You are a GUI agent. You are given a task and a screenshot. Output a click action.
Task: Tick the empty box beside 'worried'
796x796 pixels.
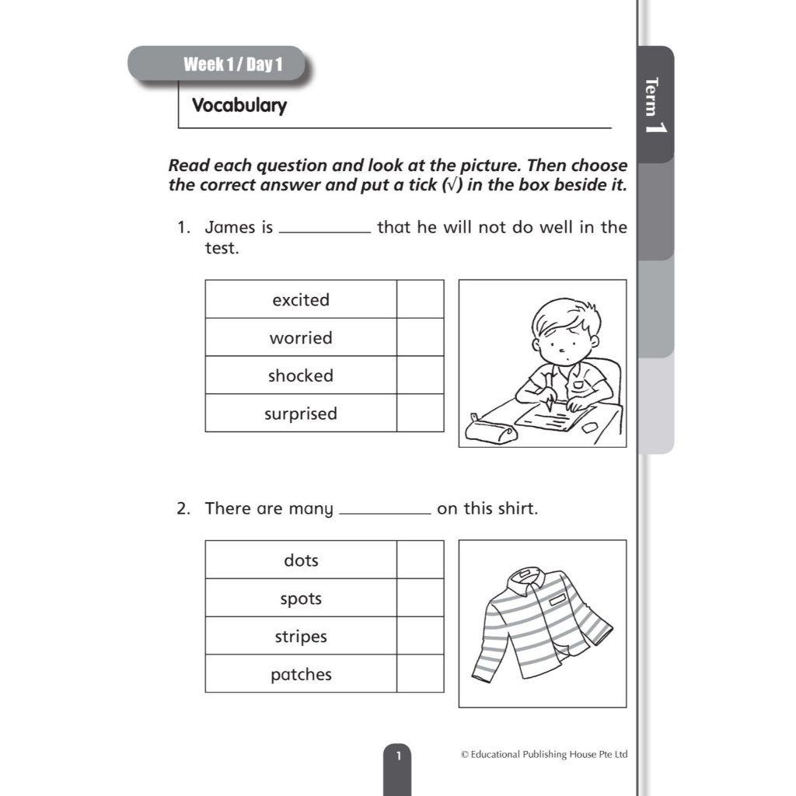[x=420, y=337]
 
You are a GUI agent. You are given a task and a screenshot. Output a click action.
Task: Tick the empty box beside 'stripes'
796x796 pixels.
[x=420, y=636]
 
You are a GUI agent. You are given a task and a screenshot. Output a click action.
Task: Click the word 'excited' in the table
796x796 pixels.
[x=301, y=300]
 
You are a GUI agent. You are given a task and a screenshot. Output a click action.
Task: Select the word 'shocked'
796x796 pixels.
[x=301, y=375]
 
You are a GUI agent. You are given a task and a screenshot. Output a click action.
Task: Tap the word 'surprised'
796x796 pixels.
[x=301, y=414]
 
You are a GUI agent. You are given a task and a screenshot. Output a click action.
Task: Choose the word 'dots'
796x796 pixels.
[x=301, y=560]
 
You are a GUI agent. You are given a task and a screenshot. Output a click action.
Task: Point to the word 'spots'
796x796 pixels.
[x=301, y=599]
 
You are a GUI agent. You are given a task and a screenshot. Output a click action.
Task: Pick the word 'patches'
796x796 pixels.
[x=301, y=674]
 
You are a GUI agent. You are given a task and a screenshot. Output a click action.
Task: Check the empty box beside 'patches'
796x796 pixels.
[x=420, y=673]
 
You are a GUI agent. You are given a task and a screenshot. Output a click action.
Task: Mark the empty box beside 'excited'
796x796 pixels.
[x=420, y=299]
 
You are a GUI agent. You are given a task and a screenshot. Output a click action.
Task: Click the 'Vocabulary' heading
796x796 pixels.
[x=239, y=106]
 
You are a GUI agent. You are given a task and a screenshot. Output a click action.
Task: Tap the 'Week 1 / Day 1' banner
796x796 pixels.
[x=232, y=65]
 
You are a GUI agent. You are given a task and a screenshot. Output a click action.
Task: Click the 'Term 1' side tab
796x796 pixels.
[x=655, y=105]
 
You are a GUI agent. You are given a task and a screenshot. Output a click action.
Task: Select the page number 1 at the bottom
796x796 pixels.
[x=398, y=755]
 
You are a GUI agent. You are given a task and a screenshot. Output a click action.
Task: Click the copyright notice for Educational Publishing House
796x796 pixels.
[x=543, y=755]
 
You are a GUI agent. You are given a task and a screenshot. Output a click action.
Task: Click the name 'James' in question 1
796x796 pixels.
[x=229, y=228]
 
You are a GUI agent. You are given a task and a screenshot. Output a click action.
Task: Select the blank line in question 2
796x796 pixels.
[x=385, y=512]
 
